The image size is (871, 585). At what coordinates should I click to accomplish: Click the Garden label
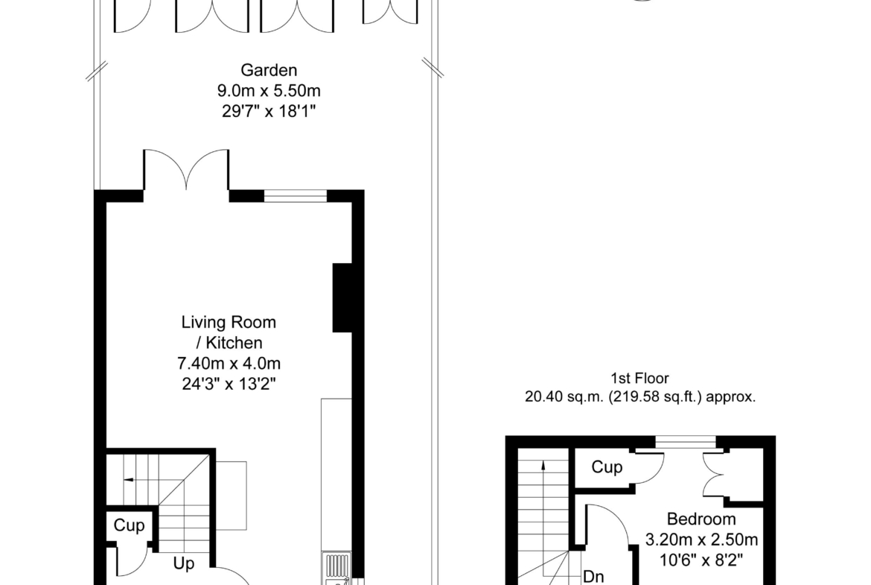point(269,71)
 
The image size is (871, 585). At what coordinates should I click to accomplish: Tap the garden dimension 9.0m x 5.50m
point(269,91)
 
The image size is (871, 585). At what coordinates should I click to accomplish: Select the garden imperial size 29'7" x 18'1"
point(269,111)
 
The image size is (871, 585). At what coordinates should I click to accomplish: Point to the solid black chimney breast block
point(342,297)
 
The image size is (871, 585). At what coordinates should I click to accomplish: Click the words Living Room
point(229,322)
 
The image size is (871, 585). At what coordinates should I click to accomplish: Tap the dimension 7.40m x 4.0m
point(229,364)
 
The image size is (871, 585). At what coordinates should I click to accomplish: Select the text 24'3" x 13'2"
point(229,385)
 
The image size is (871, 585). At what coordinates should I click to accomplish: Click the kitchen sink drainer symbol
point(336,566)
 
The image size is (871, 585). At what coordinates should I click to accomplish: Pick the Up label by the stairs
point(184,563)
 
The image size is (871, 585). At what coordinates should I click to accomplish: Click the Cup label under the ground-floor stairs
point(129,525)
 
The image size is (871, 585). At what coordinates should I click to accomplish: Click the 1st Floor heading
point(640,378)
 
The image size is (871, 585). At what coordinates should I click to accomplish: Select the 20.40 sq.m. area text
point(640,397)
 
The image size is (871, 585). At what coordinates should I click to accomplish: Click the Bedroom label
point(701,519)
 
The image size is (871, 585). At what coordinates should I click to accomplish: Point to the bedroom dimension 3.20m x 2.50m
point(701,540)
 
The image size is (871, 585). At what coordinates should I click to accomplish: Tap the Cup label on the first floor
point(607,467)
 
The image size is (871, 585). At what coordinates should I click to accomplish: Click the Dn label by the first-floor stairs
point(593,577)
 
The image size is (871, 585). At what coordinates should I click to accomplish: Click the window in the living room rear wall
point(295,196)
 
